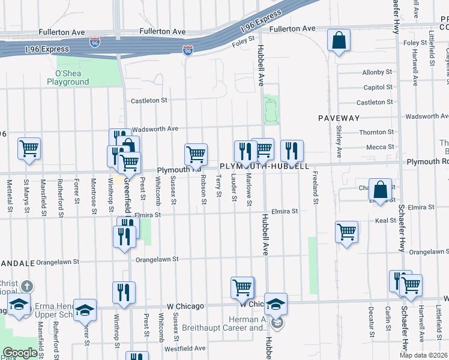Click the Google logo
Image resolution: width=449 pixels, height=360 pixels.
point(20,353)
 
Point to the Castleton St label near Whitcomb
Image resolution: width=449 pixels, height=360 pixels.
point(149,101)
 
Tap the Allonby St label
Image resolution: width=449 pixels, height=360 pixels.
point(377,73)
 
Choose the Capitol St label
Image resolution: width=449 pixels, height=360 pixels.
point(378,88)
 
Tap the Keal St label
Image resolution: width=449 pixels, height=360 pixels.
point(384,221)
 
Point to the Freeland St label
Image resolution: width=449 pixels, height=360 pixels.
point(315,188)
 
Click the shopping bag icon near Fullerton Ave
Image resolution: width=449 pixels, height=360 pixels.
point(339,41)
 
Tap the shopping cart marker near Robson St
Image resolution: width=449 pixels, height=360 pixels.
point(196,154)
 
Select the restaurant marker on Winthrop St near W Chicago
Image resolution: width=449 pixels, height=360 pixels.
point(124,292)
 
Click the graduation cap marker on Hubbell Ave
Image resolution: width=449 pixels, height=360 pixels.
point(276,305)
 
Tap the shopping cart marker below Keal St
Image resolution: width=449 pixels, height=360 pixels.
point(346,232)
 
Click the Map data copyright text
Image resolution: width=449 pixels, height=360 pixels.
point(424,355)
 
